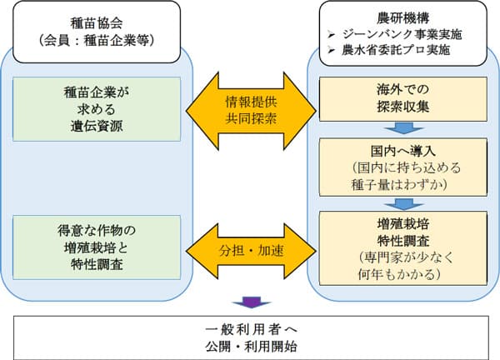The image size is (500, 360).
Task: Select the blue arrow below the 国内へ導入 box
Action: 403,203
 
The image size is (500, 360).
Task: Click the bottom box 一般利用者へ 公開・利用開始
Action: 250,335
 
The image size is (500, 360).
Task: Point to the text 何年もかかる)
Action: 403,272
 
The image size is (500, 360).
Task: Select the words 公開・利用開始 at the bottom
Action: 250,344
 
